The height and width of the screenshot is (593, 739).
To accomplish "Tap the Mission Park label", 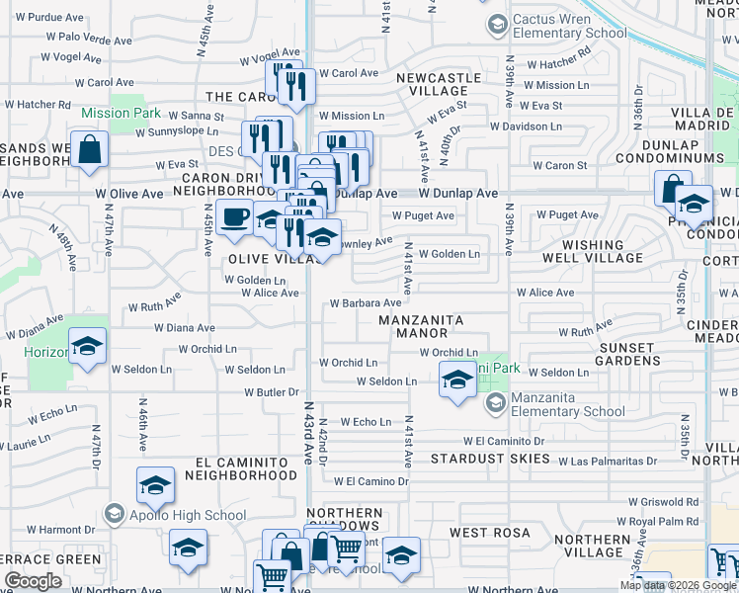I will [121, 113].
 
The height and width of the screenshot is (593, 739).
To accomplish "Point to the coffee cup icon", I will [234, 216].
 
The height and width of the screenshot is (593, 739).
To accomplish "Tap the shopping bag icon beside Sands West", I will [89, 149].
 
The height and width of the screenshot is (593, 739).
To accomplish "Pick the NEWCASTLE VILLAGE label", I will [439, 84].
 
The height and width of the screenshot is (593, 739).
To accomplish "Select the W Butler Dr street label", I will [271, 392].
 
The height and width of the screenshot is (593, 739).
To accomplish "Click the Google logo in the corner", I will [33, 581].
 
